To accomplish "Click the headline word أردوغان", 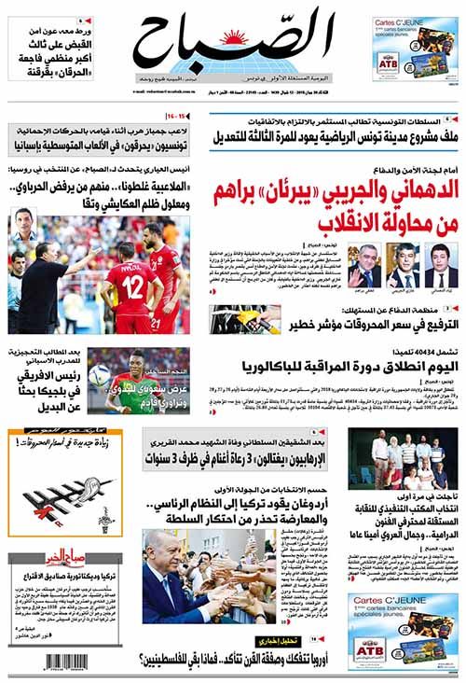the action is pos(316,505).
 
